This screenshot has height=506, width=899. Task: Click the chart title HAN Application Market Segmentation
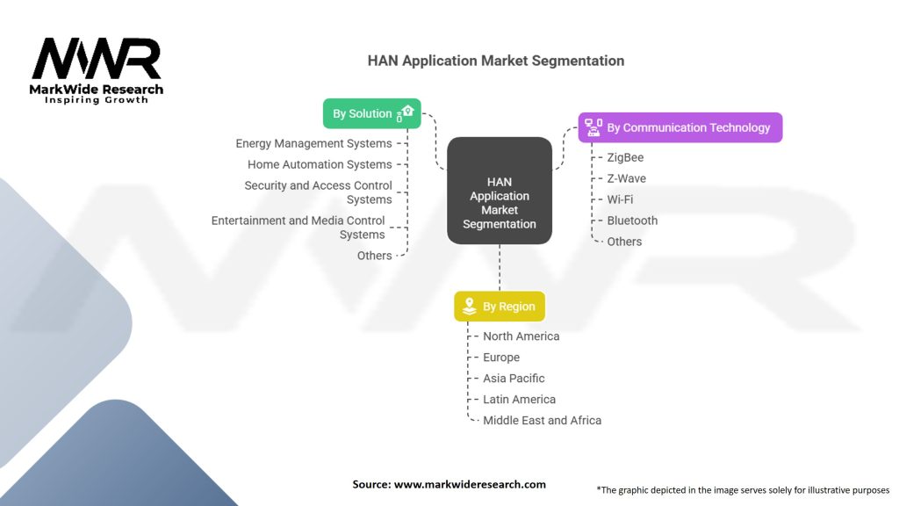pos(496,61)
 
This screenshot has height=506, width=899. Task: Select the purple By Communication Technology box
pos(680,127)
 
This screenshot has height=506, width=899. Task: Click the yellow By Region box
pos(500,307)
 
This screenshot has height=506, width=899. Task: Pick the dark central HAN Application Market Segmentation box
pos(500,203)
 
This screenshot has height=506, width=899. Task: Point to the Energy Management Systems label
pos(313,143)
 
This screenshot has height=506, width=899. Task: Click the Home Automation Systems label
pos(320,164)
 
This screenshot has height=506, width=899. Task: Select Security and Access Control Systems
pos(318,192)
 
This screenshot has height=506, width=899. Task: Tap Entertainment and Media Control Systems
pos(301,228)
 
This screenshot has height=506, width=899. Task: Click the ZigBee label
pos(625,157)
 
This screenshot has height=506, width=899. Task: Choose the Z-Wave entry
pos(626,178)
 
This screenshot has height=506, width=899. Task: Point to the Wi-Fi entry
pos(620,199)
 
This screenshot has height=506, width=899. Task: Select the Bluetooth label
pos(632,220)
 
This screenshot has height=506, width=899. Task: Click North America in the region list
pos(521,336)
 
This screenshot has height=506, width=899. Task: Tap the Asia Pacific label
pos(514,379)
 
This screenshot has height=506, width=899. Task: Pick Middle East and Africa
pos(542,421)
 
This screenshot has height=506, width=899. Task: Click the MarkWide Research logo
pos(97,70)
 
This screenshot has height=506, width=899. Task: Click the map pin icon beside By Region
pos(469,307)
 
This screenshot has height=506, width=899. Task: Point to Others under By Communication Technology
pos(624,242)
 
